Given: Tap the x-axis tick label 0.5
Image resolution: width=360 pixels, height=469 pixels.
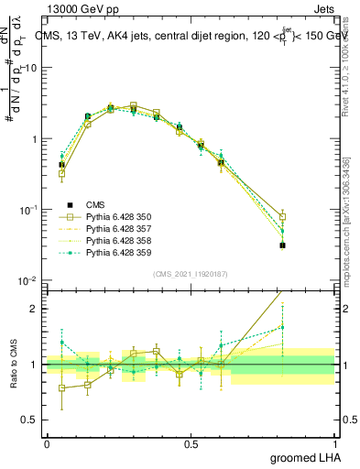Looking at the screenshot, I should tap(191, 444).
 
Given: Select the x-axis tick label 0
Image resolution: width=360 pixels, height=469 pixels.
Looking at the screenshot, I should tap(47, 444).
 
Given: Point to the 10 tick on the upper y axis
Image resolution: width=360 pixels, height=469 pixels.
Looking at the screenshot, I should tap(33, 68).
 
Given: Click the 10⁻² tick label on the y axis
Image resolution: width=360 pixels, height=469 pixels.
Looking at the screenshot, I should tap(29, 280).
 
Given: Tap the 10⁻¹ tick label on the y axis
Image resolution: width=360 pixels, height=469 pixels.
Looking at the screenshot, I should tap(29, 210).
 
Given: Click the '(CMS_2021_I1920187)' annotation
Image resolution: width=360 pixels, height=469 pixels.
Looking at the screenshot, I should tap(191, 273).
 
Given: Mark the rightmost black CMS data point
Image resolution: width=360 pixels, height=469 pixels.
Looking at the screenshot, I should tap(283, 245).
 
